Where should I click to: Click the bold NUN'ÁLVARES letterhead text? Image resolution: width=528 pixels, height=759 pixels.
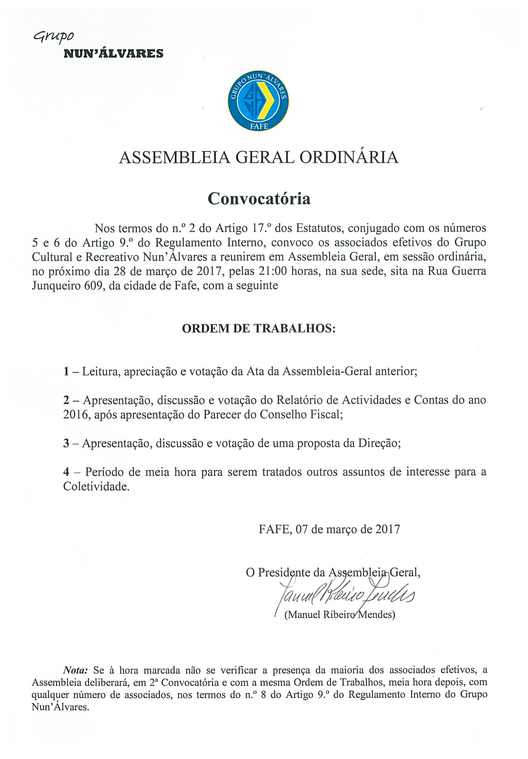coord(113,54)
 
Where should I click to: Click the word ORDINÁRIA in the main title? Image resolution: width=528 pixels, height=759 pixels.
coord(349,157)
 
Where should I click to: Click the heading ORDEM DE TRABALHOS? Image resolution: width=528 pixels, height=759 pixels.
coord(259,328)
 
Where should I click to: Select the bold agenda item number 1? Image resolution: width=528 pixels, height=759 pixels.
coord(66,371)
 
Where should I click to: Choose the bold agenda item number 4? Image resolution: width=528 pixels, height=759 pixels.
coord(66,472)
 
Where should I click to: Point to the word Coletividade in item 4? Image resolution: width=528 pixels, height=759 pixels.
coord(96,486)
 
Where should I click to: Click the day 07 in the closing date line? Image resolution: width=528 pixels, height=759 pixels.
coord(301,529)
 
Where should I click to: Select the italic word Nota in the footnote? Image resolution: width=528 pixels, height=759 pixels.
coord(76,671)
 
